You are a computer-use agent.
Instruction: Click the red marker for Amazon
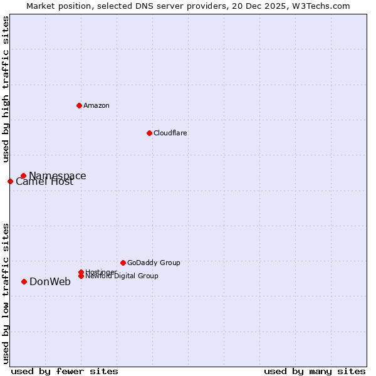79,105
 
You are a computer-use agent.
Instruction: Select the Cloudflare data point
149,133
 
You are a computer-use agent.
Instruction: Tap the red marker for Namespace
23,175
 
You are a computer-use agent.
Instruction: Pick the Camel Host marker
10,181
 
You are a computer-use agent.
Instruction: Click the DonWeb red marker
24,281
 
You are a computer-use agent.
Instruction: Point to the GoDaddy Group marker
123,263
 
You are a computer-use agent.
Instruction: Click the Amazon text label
97,105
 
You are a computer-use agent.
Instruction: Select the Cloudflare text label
170,133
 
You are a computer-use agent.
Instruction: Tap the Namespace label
58,175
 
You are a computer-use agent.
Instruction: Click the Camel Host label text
44,182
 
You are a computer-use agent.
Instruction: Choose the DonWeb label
50,281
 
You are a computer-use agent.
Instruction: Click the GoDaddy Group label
154,263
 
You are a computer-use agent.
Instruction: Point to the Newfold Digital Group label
122,276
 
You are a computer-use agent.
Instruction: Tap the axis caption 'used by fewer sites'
65,371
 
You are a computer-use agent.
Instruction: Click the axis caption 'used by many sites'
315,371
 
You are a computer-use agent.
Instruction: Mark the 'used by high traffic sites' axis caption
6,90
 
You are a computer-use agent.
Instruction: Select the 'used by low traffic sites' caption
6,293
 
